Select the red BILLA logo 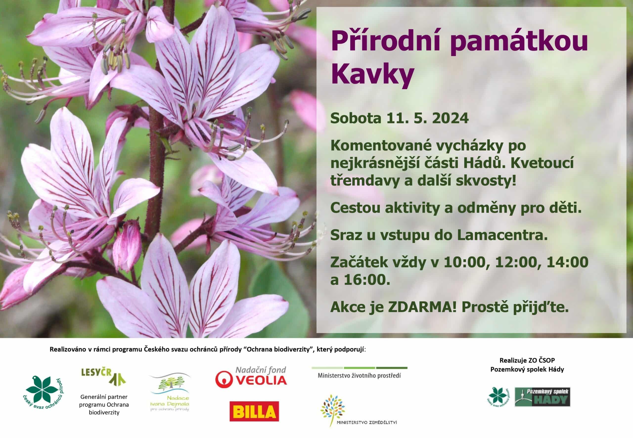(254, 411)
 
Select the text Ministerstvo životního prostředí (359, 375)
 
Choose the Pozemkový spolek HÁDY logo (542, 397)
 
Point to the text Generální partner (104, 396)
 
